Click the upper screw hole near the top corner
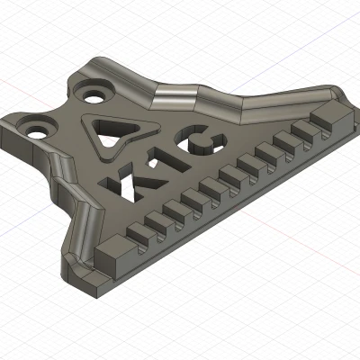tap(92, 91)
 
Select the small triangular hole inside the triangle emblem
tap(112, 136)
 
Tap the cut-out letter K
tap(134, 176)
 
